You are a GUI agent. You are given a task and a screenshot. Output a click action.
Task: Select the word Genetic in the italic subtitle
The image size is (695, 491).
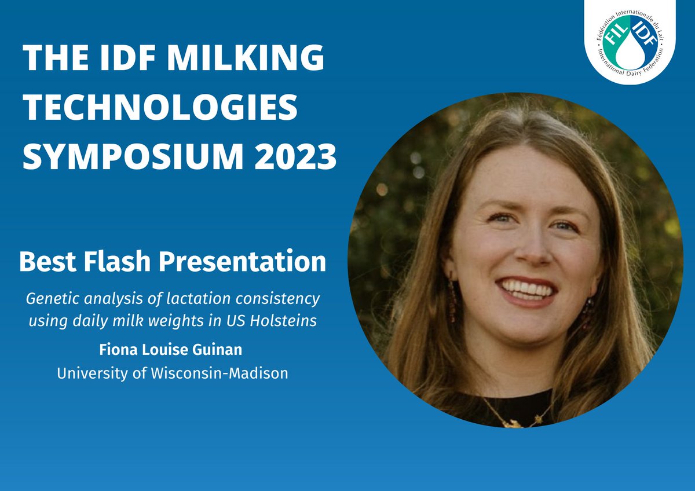click(47, 299)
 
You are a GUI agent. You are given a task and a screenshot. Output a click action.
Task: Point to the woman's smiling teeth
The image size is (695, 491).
click(527, 287)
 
